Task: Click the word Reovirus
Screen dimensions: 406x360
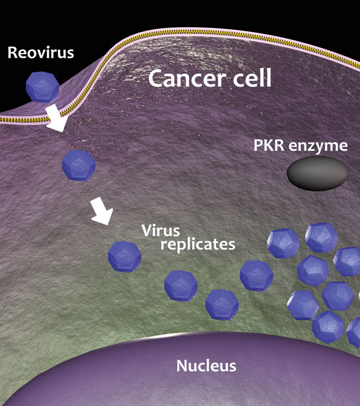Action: [40, 53]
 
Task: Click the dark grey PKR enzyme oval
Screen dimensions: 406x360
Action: [316, 174]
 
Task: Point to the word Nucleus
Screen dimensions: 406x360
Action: [206, 365]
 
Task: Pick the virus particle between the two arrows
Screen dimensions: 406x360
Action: [79, 165]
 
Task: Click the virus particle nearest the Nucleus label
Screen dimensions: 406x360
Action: [221, 304]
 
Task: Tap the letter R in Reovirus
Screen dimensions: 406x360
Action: [13, 53]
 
